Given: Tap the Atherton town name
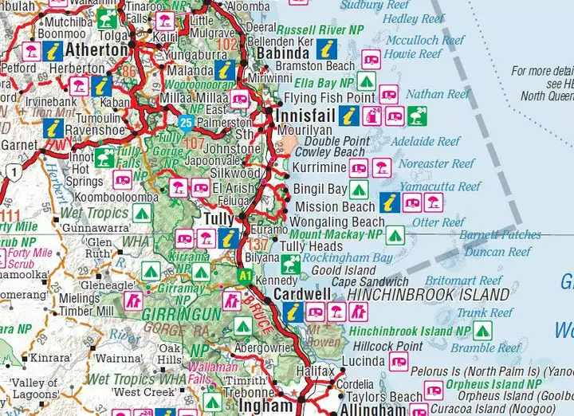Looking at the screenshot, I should (96, 50).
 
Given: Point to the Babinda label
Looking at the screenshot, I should (282, 54).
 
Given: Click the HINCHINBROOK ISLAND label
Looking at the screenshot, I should (428, 295).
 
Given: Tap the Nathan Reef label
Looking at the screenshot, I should (437, 94).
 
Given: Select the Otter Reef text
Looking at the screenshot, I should (438, 222).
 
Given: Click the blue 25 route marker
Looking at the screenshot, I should (186, 122).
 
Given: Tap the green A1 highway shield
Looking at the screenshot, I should (246, 274).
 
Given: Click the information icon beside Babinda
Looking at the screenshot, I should (324, 49).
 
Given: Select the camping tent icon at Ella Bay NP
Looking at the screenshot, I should (366, 81).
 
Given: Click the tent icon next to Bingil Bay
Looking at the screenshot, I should (358, 190).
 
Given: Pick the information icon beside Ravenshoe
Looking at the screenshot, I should (54, 128).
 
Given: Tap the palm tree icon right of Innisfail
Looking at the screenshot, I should (417, 116).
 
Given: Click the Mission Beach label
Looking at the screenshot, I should (335, 206).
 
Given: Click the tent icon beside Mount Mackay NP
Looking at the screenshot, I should (395, 235).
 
